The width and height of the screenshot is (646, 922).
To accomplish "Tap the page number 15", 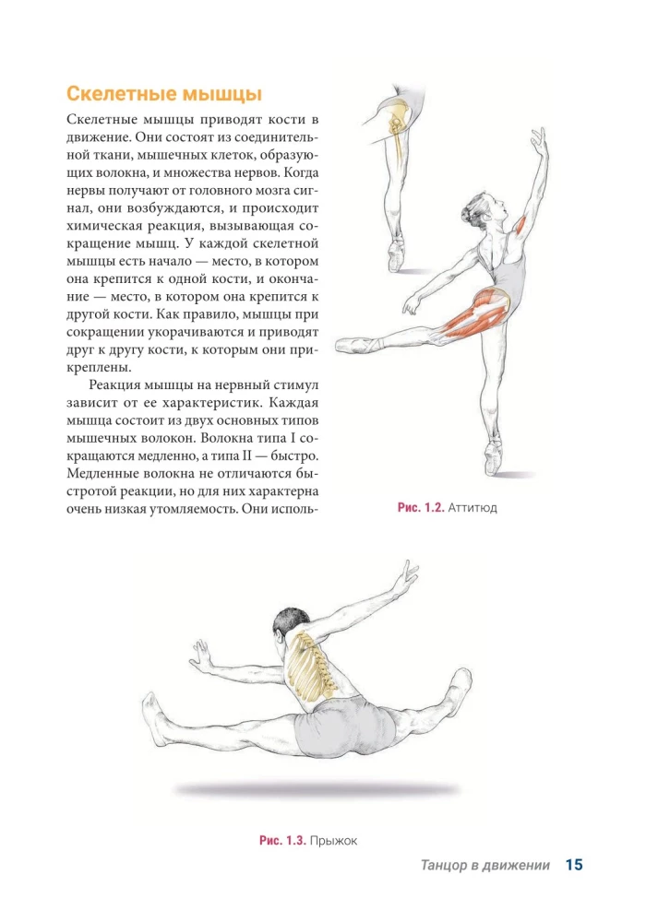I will click(574, 865).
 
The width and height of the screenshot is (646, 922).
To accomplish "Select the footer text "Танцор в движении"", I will click(484, 866).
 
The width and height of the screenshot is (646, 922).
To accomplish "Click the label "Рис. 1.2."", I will click(421, 508).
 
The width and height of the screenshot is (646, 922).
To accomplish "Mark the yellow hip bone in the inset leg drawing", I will click(398, 120).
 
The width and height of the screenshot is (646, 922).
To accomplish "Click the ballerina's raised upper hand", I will click(537, 138).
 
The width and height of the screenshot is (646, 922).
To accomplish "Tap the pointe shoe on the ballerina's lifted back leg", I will click(354, 345).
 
